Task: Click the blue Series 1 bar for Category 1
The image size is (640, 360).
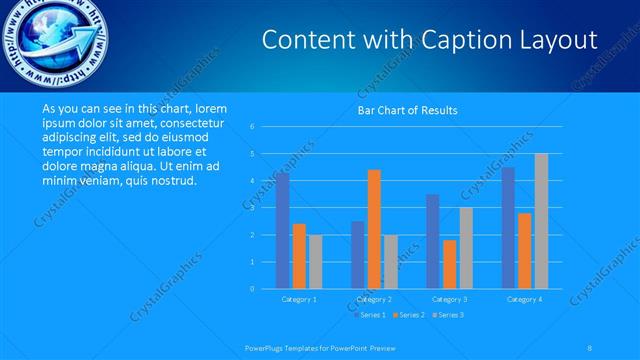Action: pyautogui.click(x=283, y=231)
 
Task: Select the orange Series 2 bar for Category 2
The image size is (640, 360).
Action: pyautogui.click(x=374, y=229)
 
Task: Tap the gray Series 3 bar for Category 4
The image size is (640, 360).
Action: pyautogui.click(x=541, y=221)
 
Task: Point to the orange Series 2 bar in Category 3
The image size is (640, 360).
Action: pyautogui.click(x=449, y=264)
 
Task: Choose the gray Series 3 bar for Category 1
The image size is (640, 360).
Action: pyautogui.click(x=315, y=261)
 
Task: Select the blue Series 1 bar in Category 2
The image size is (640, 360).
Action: pyautogui.click(x=358, y=254)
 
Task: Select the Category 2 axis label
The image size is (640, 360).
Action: pyautogui.click(x=374, y=299)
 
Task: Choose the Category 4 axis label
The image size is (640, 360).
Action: pyautogui.click(x=525, y=299)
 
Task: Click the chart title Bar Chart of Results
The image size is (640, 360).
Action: pyautogui.click(x=407, y=110)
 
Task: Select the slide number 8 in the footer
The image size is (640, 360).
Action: pyautogui.click(x=591, y=346)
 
